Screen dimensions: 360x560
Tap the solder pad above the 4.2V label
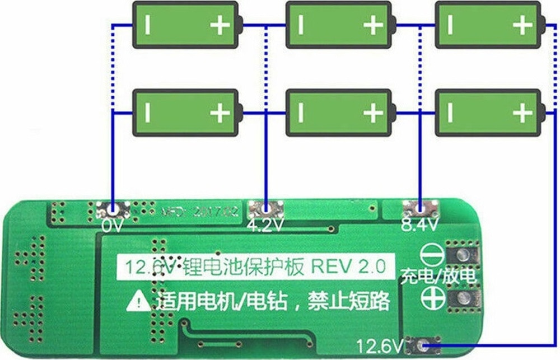coord(266,210)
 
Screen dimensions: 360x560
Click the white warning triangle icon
coord(138,303)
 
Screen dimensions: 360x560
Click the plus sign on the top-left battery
coord(220,25)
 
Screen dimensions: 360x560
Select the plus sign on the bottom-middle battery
coord(373,113)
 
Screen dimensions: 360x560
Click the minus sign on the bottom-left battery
coord(148,113)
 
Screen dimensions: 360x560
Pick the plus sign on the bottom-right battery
coord(522,113)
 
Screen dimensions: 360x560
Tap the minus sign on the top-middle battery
coord(301,25)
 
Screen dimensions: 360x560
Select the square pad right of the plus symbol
coord(463,298)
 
